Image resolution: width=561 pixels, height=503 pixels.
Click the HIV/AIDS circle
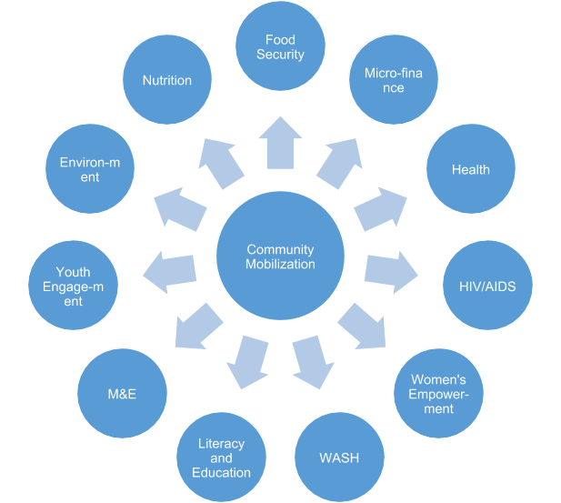(486, 287)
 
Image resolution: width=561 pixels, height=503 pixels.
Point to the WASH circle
(337, 457)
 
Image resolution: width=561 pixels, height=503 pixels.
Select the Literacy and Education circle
(221, 458)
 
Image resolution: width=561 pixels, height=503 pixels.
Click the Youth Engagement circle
(73, 286)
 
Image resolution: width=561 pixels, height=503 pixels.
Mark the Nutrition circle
(166, 80)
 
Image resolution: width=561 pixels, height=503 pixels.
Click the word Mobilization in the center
(280, 265)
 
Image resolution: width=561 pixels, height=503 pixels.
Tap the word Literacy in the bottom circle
(222, 444)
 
